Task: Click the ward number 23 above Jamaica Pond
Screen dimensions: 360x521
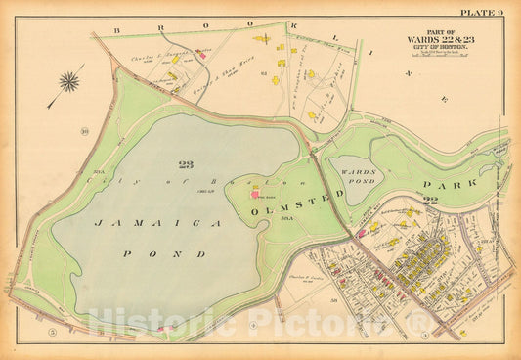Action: click(186, 164)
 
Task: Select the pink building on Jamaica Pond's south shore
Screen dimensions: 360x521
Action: click(161, 330)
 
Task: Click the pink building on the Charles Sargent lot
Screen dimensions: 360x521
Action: click(202, 56)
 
